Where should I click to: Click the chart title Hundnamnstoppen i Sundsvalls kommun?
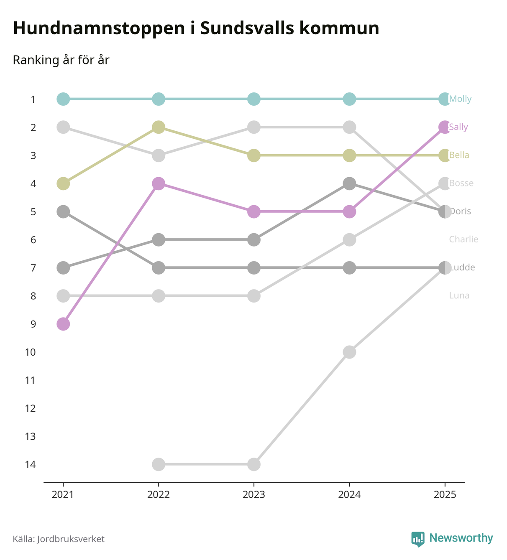[196, 28]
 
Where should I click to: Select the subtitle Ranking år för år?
[61, 60]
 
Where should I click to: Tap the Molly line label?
[460, 99]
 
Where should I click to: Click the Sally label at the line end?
[458, 127]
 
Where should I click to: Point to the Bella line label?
[459, 155]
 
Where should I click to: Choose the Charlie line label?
[463, 239]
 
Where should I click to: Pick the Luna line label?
[459, 296]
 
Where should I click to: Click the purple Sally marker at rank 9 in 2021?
[63, 324]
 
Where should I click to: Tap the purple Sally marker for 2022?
[159, 183]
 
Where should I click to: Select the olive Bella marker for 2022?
[159, 127]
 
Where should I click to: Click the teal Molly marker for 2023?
[254, 99]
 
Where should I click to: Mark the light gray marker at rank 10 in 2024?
[349, 352]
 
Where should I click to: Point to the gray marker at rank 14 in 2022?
[159, 464]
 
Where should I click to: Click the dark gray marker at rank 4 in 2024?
[349, 183]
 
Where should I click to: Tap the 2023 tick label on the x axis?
[254, 495]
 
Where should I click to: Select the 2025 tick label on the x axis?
[445, 495]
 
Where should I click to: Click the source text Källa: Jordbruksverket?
[59, 539]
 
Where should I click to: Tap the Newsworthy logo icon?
[417, 539]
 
